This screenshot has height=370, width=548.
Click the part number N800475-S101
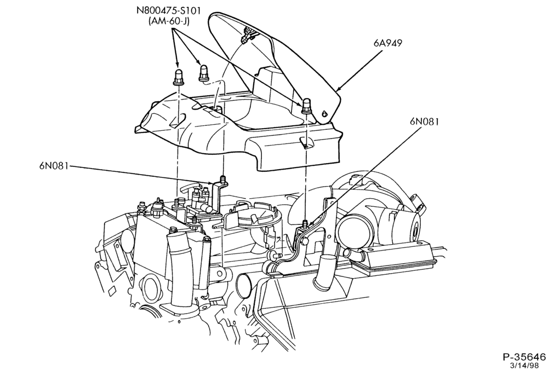[168, 10]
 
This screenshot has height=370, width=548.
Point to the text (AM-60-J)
[168, 21]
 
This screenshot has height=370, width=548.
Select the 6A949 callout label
[387, 43]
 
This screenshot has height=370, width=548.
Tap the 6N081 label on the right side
[424, 122]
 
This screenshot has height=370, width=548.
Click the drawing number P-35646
[524, 357]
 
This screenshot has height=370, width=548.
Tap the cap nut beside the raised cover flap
[306, 106]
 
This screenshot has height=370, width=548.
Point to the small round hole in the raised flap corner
[324, 113]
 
